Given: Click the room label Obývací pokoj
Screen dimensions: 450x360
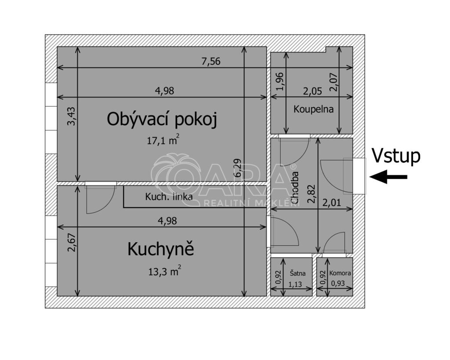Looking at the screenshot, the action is (x=162, y=120).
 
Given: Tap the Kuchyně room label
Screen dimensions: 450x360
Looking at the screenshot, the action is (x=161, y=249).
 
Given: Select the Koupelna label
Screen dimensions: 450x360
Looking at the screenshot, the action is (x=313, y=109).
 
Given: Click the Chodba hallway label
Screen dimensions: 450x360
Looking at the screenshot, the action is (x=295, y=188).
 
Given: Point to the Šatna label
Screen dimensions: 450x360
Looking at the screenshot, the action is (x=298, y=273).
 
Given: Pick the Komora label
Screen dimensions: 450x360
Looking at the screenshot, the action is (x=340, y=273).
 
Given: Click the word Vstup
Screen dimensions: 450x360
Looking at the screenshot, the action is (x=396, y=157).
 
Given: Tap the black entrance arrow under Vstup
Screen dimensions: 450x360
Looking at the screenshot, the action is (x=388, y=177).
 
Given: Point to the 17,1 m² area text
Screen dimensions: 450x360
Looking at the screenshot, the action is (x=163, y=140).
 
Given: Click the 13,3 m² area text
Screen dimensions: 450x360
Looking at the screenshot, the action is (x=165, y=271).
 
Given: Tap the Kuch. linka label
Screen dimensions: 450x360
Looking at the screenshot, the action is (x=169, y=196).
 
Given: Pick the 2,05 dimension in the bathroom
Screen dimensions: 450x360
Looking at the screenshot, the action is (x=312, y=91).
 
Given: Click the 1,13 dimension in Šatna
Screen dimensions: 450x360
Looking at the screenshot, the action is (x=295, y=284).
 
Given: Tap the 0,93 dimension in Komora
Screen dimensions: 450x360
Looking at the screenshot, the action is (x=338, y=284).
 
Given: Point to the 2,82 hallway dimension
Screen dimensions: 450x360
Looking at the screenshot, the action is (x=312, y=194).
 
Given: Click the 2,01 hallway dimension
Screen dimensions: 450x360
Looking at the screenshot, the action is (x=332, y=203).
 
